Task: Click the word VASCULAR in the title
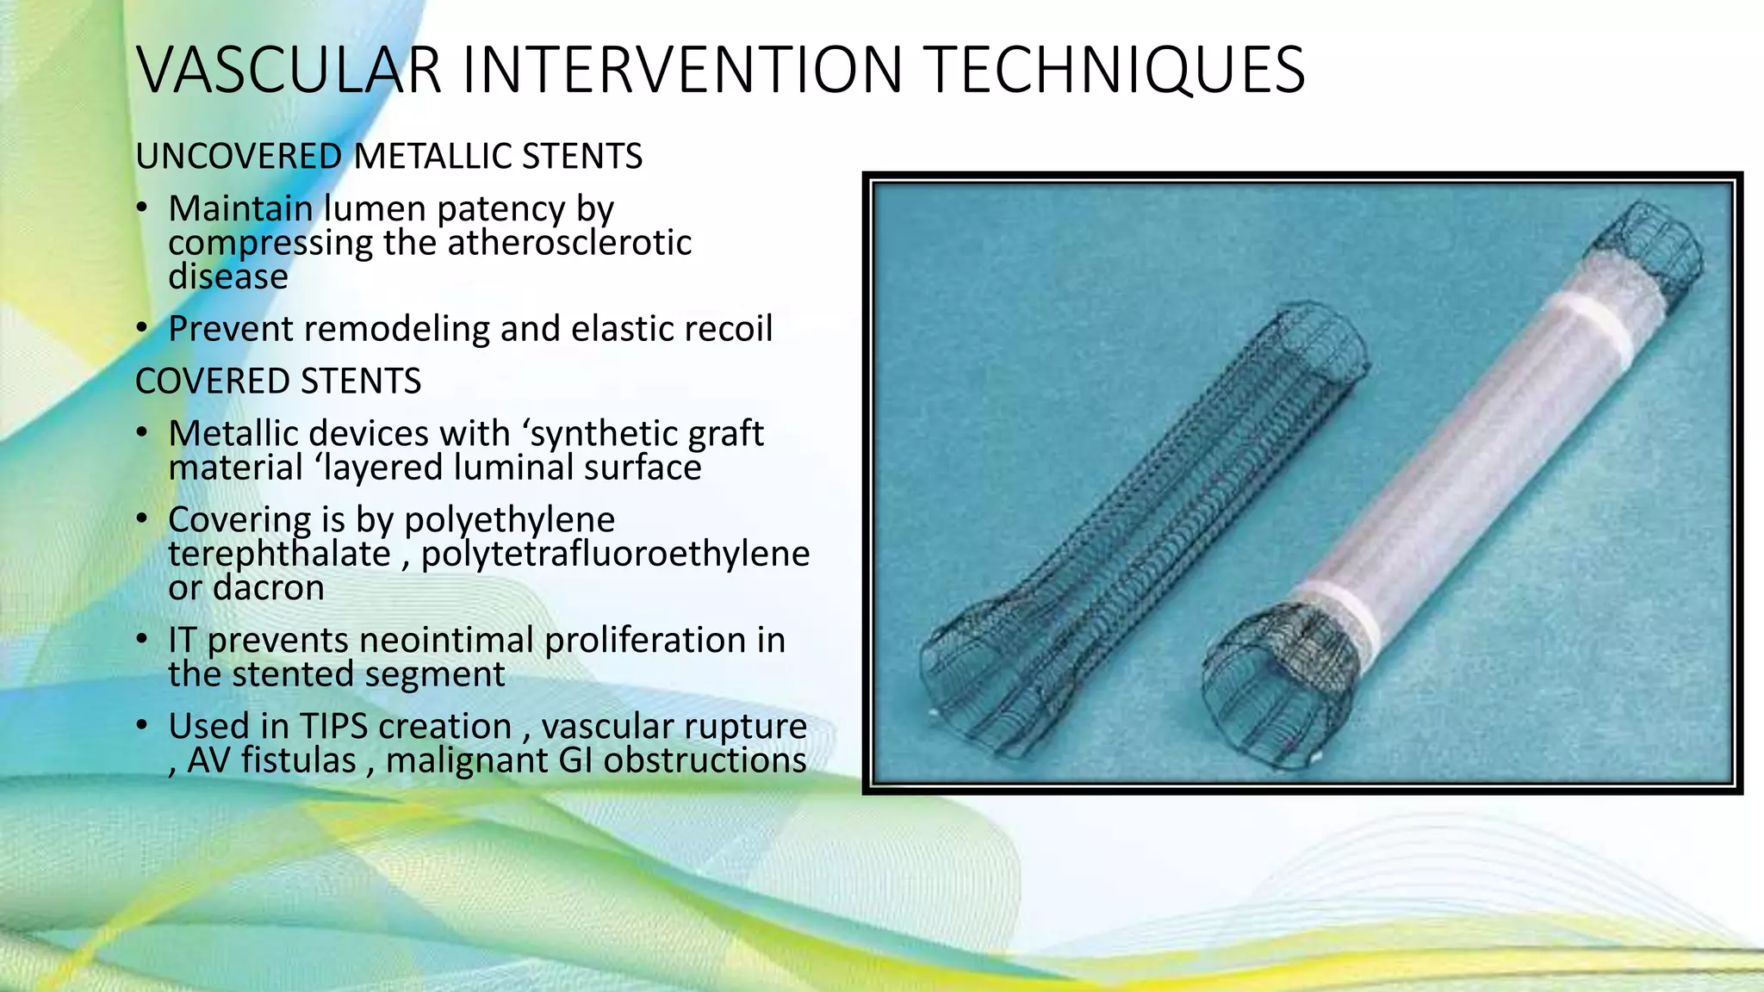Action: pyautogui.click(x=289, y=71)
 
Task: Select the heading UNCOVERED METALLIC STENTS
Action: pyautogui.click(x=388, y=157)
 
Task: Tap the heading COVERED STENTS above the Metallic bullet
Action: pyautogui.click(x=278, y=381)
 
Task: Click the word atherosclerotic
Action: pyautogui.click(x=569, y=243)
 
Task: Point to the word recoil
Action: pyautogui.click(x=728, y=329)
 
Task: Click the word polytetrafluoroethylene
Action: pyautogui.click(x=615, y=554)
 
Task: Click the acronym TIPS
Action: pyautogui.click(x=333, y=727)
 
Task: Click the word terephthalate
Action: pyautogui.click(x=279, y=554)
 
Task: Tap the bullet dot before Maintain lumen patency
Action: pyautogui.click(x=143, y=208)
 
